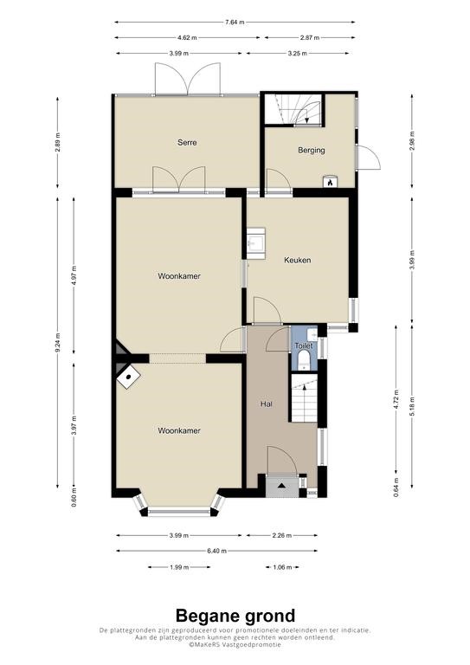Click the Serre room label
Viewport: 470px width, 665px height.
187,143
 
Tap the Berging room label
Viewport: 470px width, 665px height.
311,150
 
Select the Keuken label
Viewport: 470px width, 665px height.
298,260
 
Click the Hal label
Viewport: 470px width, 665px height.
266,404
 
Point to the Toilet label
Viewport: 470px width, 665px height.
304,345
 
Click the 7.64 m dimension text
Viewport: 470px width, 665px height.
235,22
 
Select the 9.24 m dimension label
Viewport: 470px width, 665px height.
58,341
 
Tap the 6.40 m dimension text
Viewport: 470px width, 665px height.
217,551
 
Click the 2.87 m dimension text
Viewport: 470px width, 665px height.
309,37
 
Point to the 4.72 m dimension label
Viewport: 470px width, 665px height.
396,399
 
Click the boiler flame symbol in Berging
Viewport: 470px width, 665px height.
330,182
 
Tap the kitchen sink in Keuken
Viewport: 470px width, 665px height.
256,243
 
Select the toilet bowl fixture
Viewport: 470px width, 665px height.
304,360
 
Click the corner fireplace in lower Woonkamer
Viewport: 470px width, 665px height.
128,377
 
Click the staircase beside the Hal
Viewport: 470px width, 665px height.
305,397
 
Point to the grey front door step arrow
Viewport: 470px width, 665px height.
282,485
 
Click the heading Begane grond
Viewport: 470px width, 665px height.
235,615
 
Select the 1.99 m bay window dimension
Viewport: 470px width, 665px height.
179,567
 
